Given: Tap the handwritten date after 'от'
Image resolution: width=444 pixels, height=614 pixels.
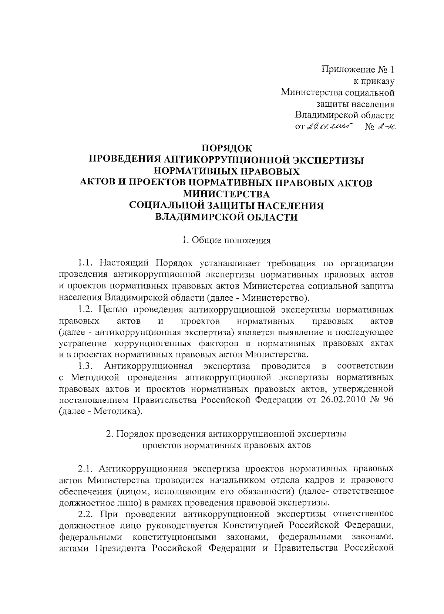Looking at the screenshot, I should point(330,127).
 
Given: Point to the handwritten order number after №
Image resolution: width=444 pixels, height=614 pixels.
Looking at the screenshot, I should point(387,127).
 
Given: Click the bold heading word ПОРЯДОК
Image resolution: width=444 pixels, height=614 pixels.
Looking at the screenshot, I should point(227,149).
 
